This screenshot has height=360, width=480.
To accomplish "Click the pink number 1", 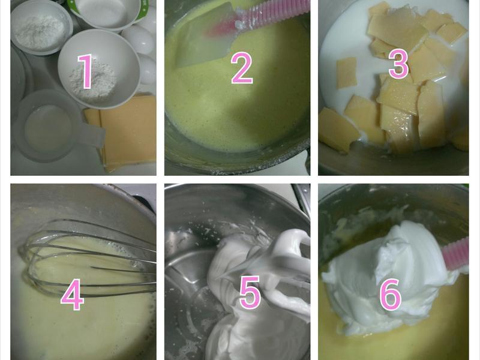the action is (85, 71).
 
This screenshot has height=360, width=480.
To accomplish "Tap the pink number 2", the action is (242, 68).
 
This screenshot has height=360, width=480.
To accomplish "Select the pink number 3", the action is (398, 64).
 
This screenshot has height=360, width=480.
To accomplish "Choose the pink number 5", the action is (250, 292).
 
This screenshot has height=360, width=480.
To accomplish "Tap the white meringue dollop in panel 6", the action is (389, 275).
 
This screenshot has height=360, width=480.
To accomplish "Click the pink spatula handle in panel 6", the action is (457, 254).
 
